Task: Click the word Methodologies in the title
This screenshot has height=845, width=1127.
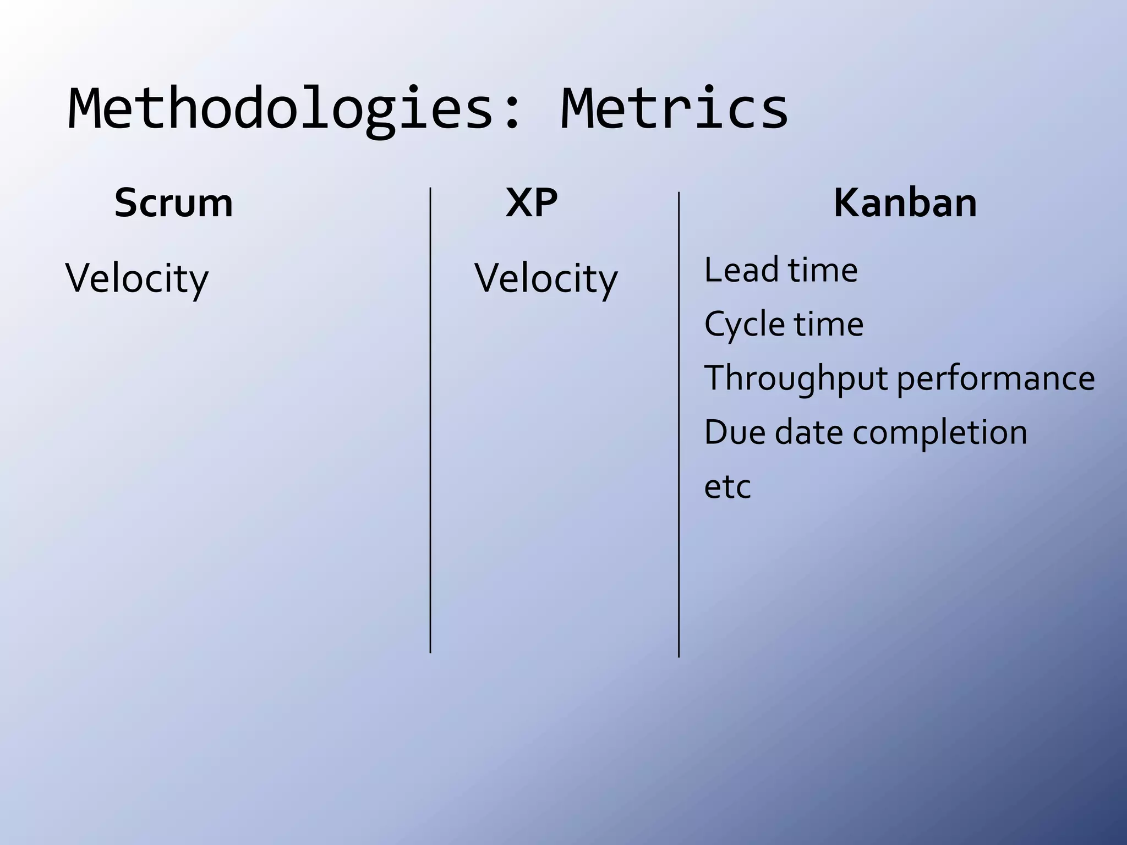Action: (x=281, y=110)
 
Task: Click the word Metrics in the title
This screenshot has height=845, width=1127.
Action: (x=674, y=110)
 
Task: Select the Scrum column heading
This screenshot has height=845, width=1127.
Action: (x=173, y=204)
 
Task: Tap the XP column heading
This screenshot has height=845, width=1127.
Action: (x=532, y=204)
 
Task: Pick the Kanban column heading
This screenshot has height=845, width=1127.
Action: (x=905, y=204)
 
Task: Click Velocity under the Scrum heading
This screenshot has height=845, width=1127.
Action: (x=137, y=278)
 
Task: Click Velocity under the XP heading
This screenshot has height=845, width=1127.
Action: (x=546, y=278)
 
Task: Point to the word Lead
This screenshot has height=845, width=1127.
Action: (x=741, y=270)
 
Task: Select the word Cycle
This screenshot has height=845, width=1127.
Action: (x=744, y=325)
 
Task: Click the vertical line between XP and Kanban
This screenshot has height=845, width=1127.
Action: (x=679, y=424)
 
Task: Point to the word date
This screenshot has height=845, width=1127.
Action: (x=808, y=432)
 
